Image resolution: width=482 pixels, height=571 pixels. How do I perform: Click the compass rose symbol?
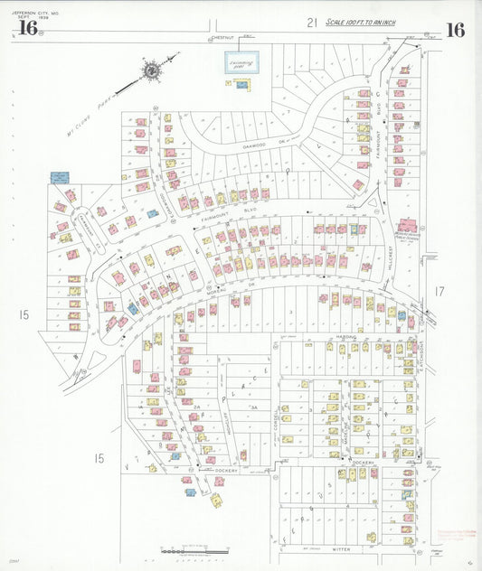click(152, 69)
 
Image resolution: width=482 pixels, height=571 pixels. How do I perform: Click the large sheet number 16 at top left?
click(27, 29)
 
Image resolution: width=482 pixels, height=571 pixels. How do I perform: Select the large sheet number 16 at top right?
click(455, 30)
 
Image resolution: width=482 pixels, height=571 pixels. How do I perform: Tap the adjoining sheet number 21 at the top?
click(311, 23)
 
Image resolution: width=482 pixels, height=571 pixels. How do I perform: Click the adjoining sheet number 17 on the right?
click(439, 291)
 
